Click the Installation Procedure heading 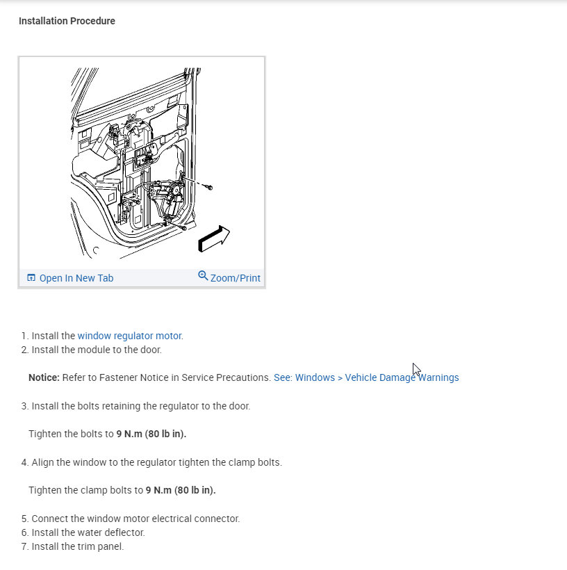click(67, 21)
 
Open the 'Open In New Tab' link click(76, 278)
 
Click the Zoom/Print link click(235, 278)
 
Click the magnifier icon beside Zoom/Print click(203, 275)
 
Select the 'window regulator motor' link click(129, 336)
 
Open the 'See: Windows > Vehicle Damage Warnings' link click(366, 377)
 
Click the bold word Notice click(44, 377)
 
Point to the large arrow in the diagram click(214, 238)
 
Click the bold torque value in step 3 click(151, 434)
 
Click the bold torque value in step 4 click(181, 490)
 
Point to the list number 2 click(24, 350)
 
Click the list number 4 click(24, 462)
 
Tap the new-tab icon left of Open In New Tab click(31, 278)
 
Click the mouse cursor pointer click(416, 369)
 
